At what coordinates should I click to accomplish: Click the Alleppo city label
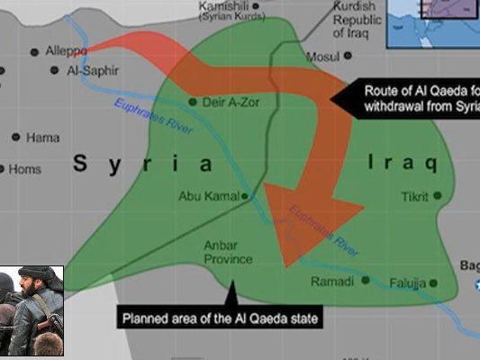click(67, 51)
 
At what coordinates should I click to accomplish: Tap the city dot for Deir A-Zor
click(193, 102)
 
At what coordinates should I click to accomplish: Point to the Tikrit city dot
click(437, 195)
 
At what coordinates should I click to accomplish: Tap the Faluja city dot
click(433, 283)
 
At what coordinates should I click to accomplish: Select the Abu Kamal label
click(210, 195)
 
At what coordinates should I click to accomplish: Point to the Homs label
click(25, 168)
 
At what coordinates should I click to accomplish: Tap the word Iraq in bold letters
click(403, 164)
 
